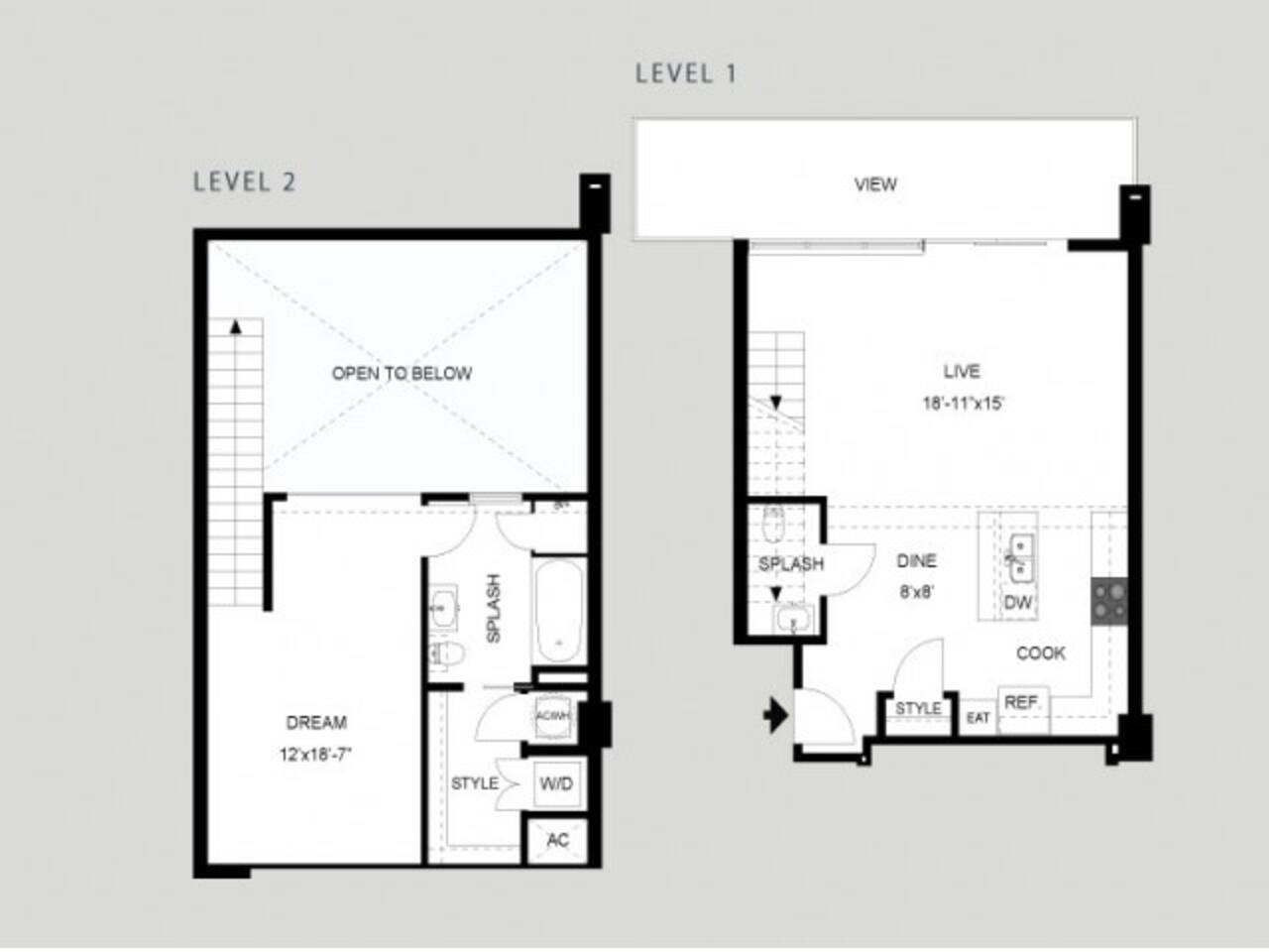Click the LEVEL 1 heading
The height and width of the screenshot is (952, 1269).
click(686, 73)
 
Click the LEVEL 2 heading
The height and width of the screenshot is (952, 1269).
click(244, 181)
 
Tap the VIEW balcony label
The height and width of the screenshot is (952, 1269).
click(875, 184)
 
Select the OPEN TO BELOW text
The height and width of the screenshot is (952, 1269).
click(402, 374)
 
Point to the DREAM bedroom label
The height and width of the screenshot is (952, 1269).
click(316, 723)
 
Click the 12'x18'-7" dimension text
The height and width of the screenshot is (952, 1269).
click(316, 755)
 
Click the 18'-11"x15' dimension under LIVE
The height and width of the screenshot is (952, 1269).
click(962, 404)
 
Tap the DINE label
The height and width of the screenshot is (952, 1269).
click(916, 561)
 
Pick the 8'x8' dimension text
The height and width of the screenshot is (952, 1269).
click(916, 593)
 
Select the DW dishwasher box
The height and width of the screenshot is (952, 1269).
click(1018, 603)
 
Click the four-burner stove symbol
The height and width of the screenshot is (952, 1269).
click(1109, 601)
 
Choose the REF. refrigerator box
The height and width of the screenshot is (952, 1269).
click(1022, 703)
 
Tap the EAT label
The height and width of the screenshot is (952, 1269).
click(978, 717)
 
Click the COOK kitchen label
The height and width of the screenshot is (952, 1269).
click(1041, 654)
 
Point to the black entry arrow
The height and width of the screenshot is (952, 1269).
click(775, 714)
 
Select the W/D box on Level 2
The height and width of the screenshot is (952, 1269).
click(556, 784)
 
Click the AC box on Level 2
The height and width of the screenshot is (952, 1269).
click(558, 840)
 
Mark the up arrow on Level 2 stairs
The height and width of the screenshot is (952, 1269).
click(235, 325)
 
